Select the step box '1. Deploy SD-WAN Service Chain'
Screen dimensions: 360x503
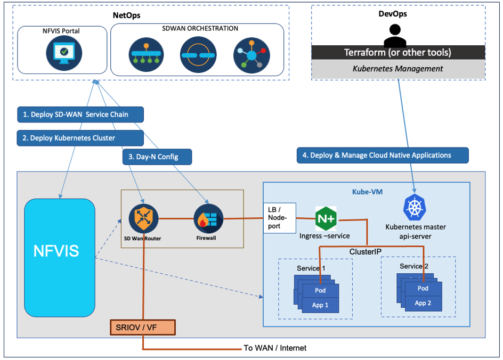pyautogui.click(x=80, y=114)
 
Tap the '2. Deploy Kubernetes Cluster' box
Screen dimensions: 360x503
pyautogui.click(x=80, y=138)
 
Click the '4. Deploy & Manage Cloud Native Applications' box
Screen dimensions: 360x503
pyautogui.click(x=382, y=155)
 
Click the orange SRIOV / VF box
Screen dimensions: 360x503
pyautogui.click(x=142, y=327)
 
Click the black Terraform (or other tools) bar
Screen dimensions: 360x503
pyautogui.click(x=398, y=52)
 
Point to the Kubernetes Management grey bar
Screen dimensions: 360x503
pyautogui.click(x=398, y=69)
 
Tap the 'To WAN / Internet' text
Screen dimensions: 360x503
pyautogui.click(x=275, y=348)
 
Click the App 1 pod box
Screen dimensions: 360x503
pyautogui.click(x=320, y=305)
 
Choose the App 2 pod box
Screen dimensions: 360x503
pyautogui.click(x=423, y=302)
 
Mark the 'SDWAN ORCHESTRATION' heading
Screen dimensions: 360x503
pyautogui.click(x=199, y=28)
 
